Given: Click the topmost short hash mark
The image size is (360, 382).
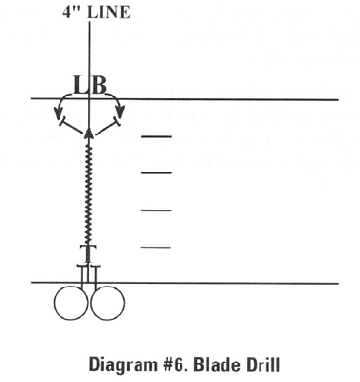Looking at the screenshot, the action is [x=156, y=137].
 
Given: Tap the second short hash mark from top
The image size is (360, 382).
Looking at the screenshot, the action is [x=156, y=172].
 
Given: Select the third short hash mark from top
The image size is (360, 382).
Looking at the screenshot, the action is [x=156, y=210].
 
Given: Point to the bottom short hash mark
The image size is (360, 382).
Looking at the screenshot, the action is [x=156, y=248].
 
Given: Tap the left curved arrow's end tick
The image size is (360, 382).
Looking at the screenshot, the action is [x=60, y=125].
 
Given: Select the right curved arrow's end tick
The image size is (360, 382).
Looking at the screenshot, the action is [x=118, y=125].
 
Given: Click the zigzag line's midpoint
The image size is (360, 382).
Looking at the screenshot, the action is [x=89, y=190].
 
